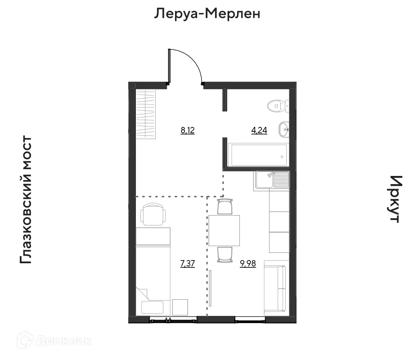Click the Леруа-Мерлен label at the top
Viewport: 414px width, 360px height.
click(207, 14)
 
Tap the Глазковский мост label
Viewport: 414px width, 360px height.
click(26, 200)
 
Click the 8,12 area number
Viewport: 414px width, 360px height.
click(187, 131)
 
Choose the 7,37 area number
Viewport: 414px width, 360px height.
click(187, 264)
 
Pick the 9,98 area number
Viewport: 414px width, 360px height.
click(248, 264)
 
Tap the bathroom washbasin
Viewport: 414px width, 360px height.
click(284, 130)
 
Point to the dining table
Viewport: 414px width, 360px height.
click(224, 229)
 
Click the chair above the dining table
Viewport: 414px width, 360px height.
click(224, 207)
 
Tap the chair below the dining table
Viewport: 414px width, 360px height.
click(224, 254)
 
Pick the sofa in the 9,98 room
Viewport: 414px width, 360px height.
click(275, 288)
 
